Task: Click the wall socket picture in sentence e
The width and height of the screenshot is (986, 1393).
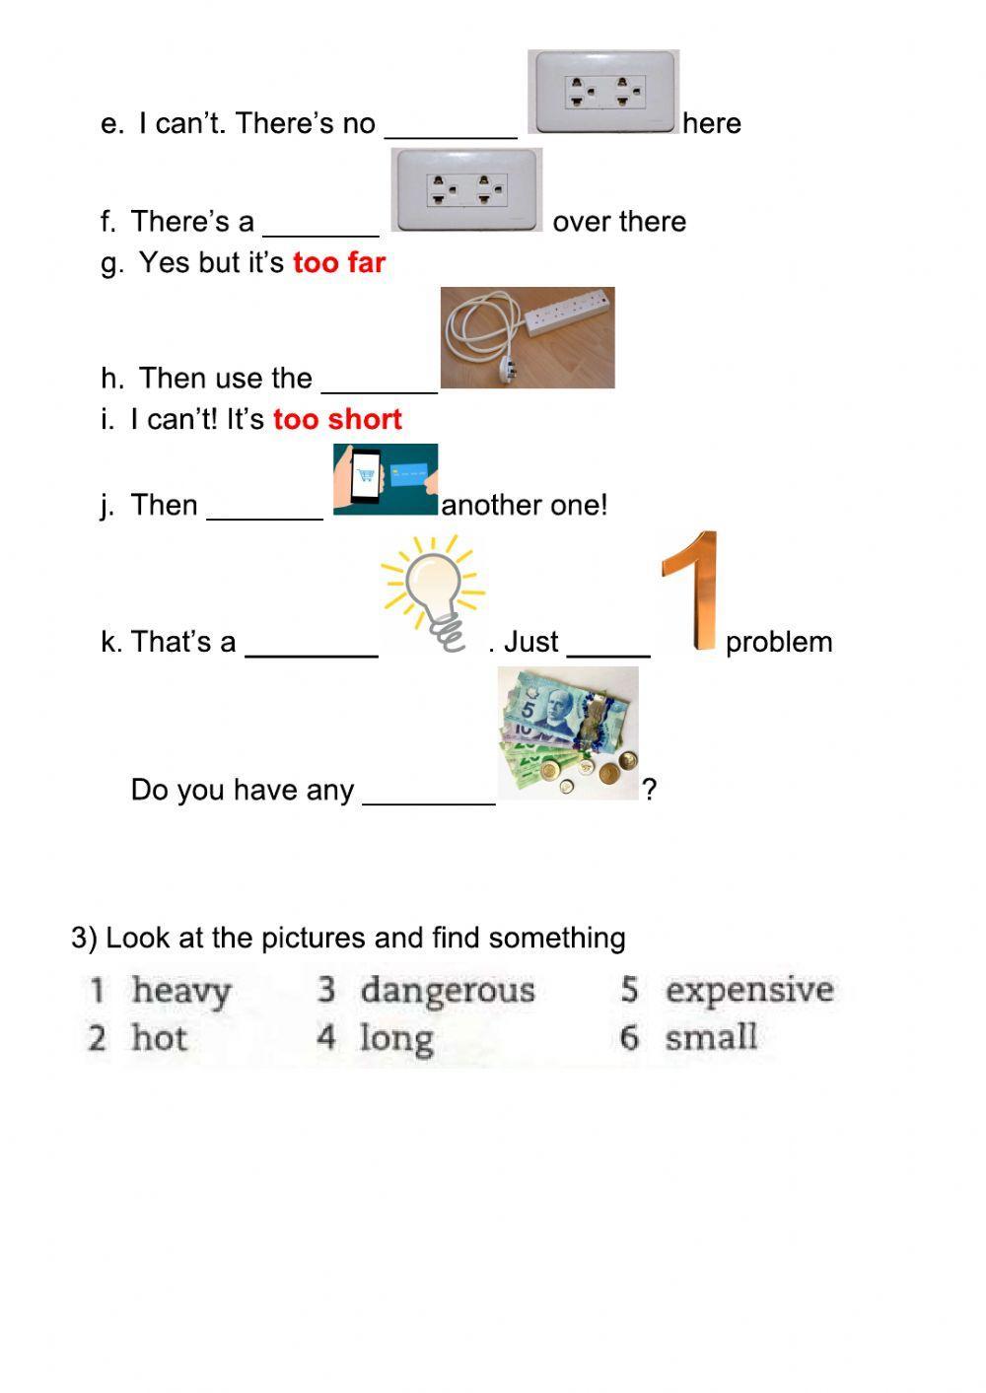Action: tap(603, 92)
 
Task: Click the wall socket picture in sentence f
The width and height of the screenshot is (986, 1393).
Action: tap(466, 189)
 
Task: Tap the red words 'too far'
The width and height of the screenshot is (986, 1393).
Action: tap(339, 263)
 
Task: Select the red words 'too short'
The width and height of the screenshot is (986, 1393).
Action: tap(337, 420)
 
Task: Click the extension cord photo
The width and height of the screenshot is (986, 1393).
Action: tap(528, 337)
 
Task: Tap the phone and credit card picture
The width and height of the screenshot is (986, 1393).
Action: tap(386, 479)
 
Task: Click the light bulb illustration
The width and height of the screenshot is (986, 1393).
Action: tap(434, 592)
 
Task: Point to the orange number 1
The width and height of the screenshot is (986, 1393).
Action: tap(692, 592)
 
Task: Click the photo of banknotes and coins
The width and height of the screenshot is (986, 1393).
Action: tap(568, 732)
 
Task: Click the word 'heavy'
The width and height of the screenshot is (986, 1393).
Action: tap(181, 991)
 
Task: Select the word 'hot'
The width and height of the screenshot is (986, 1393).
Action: tap(159, 1038)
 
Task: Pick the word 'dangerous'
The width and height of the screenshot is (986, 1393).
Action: tap(448, 991)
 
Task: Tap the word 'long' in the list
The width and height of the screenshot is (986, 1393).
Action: tap(396, 1039)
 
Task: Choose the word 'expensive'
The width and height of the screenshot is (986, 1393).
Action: tap(749, 990)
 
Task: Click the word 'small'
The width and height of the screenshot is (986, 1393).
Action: tap(711, 1038)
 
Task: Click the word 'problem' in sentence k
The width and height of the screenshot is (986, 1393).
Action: tap(779, 643)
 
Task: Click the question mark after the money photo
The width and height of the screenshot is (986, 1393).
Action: tap(650, 790)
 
